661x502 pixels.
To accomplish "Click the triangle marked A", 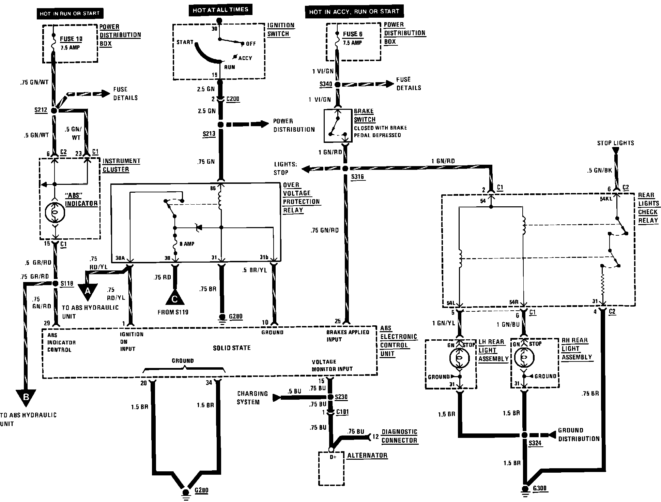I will tap(88, 292).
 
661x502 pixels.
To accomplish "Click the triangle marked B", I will tap(26, 398).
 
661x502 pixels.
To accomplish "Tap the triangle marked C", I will tap(174, 298).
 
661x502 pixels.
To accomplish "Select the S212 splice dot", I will tap(54, 110).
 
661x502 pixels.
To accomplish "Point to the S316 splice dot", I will tap(345, 168).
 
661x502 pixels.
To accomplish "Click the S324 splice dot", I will tap(524, 435).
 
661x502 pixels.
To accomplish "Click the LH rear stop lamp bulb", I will tap(460, 358).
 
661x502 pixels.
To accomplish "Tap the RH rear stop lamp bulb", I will tap(524, 358).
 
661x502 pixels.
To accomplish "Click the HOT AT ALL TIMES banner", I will tap(220, 10).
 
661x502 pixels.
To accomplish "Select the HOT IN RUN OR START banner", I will tap(70, 14).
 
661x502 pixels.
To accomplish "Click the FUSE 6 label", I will tap(353, 34).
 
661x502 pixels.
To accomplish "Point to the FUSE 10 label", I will tap(71, 39).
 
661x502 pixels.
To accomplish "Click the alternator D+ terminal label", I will tap(333, 457).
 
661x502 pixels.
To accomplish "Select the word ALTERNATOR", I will tap(367, 456).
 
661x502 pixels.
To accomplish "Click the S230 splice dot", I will tap(330, 397).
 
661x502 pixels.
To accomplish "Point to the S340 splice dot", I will tap(337, 85).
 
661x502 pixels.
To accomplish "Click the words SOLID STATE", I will tap(232, 348).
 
